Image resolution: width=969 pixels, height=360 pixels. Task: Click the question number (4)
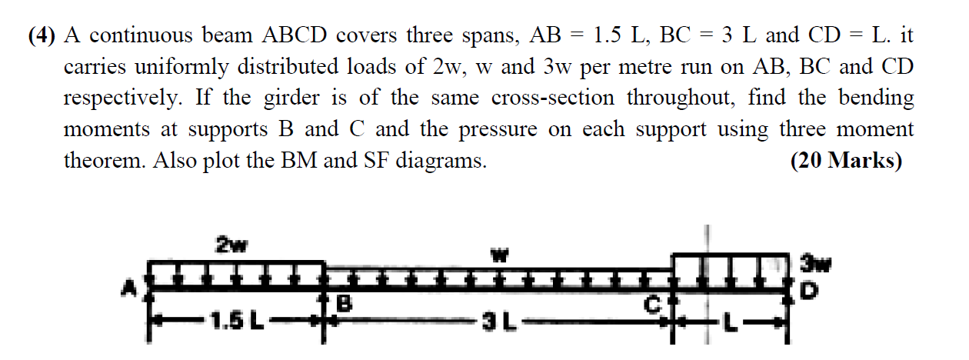point(44,35)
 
